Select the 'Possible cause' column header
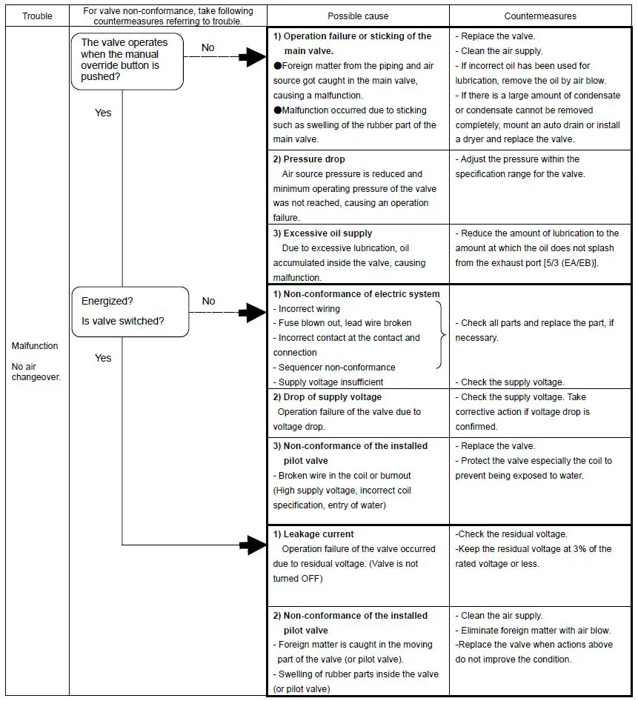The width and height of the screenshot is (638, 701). click(357, 16)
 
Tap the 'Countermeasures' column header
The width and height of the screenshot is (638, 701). click(540, 16)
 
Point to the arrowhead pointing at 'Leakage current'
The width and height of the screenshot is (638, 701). click(254, 546)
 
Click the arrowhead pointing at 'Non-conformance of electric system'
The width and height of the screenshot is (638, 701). click(254, 313)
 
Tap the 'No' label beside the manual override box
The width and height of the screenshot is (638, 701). click(208, 47)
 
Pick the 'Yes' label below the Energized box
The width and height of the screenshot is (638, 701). click(103, 358)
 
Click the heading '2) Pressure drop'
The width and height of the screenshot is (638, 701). click(309, 159)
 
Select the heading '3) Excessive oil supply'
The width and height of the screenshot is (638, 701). click(322, 233)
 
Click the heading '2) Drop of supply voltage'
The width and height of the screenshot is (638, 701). click(328, 397)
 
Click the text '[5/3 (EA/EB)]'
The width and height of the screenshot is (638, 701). click(567, 263)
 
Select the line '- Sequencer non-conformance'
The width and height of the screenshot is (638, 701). click(334, 368)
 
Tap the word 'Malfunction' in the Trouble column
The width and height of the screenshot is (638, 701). click(35, 346)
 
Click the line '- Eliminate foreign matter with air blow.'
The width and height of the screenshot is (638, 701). click(533, 631)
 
